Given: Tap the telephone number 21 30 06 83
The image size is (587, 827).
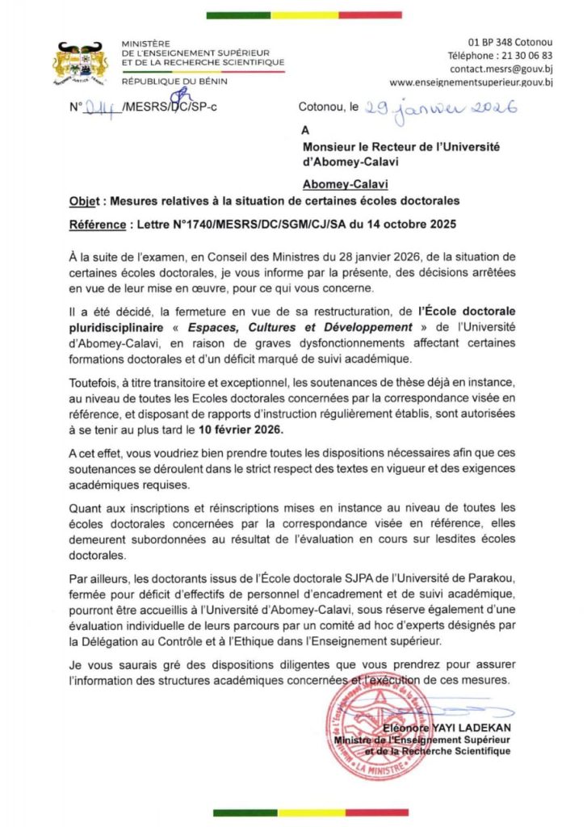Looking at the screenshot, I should [x=523, y=55].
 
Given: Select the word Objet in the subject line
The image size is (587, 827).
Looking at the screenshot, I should [x=84, y=199].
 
